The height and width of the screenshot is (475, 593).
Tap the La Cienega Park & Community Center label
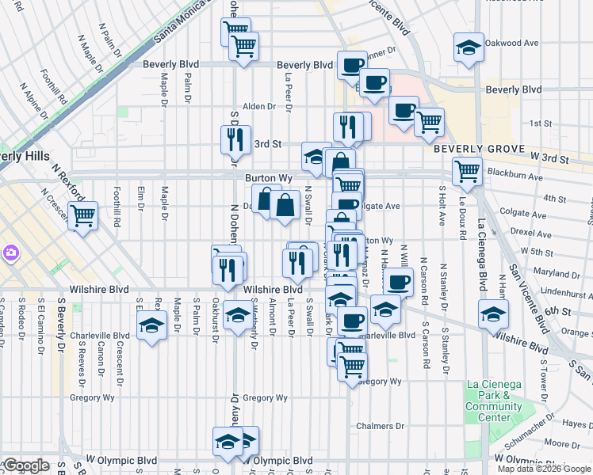pyautogui.click(x=494, y=401)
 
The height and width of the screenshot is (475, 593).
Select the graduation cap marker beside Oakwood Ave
pyautogui.click(x=469, y=47)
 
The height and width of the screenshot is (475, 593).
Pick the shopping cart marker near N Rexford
pyautogui.click(x=82, y=215)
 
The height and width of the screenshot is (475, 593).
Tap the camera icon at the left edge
pyautogui.click(x=11, y=253)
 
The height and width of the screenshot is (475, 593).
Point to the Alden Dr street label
pyautogui.click(x=258, y=106)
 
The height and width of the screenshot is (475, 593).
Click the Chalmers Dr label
pyautogui.click(x=374, y=426)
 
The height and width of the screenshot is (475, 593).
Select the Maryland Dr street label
pyautogui.click(x=553, y=273)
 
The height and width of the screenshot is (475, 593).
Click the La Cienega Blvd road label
pyautogui.click(x=481, y=259)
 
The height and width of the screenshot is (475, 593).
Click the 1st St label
pyautogui.click(x=541, y=123)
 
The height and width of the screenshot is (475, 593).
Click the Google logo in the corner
pyautogui.click(x=25, y=465)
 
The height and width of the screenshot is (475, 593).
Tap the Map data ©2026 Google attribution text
pyautogui.click(x=543, y=469)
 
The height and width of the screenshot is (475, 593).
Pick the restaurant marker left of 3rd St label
pyautogui.click(x=235, y=139)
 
